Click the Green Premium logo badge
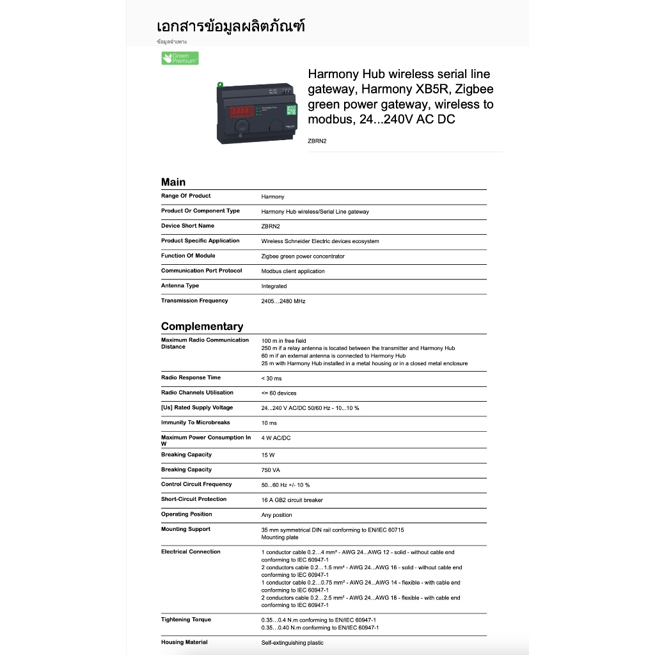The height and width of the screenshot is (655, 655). pos(180,58)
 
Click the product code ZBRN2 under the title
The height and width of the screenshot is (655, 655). pos(317,141)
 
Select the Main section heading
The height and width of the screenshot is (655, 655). pos(173,182)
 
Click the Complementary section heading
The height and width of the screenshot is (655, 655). pos(202,326)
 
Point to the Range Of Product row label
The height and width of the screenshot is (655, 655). pos(185,196)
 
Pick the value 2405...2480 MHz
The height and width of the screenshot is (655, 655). pos(283,301)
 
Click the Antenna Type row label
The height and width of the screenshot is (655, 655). pos(180,286)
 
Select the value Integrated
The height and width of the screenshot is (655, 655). pos(274,287)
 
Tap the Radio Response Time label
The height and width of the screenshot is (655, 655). pos(191,377)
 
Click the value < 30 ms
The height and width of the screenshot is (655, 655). pos(271,378)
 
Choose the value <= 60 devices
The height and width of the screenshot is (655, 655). pos(279,393)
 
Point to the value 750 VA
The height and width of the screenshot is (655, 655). pos(271,470)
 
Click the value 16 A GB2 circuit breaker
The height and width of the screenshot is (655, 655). pos(292,500)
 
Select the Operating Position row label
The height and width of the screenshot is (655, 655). pos(186,514)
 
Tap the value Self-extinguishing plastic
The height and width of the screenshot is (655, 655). pos(292,643)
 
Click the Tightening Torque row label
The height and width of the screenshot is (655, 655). pos(185,619)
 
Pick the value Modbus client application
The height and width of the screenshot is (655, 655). pos(293,271)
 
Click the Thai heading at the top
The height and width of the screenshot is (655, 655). pos(230,26)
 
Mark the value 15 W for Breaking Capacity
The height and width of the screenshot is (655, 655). pos(268,455)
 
